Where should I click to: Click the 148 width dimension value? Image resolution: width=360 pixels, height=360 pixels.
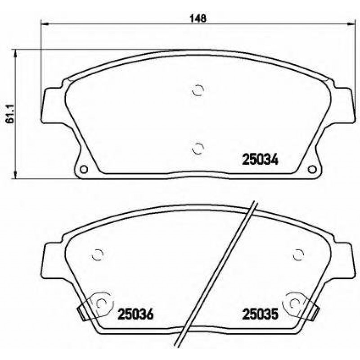tap(198, 18)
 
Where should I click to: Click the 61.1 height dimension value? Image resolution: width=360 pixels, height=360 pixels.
tap(10, 114)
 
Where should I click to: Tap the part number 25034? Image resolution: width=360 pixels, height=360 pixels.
tap(260, 160)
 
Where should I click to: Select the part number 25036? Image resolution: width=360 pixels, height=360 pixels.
tap(135, 314)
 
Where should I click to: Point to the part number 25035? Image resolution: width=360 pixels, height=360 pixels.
tap(260, 314)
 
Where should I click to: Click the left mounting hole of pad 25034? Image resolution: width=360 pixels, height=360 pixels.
tap(84, 170)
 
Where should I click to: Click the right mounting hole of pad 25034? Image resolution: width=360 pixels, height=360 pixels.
tap(312, 170)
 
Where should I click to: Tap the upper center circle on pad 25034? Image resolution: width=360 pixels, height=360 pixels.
tap(198, 90)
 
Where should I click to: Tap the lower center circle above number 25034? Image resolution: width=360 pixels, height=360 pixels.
tap(198, 148)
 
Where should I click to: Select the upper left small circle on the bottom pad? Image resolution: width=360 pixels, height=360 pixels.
tap(98, 255)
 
